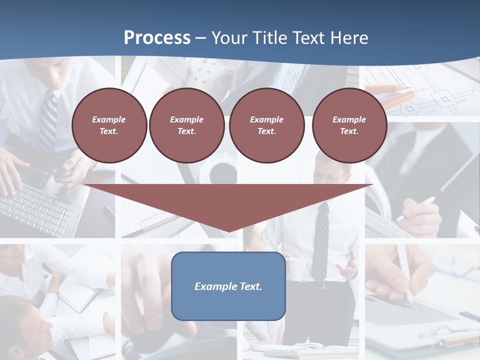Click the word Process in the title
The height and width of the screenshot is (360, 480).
tap(157, 38)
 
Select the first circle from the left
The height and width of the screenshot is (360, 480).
tap(109, 125)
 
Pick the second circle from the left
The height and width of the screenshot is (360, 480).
tap(186, 125)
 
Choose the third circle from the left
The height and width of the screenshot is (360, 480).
tap(266, 125)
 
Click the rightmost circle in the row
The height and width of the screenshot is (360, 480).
tap(349, 125)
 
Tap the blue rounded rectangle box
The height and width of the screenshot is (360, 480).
tap(228, 286)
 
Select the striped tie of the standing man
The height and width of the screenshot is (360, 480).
tap(320, 240)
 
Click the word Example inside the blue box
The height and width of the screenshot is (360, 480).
tap(212, 286)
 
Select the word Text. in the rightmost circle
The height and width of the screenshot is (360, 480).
tap(349, 131)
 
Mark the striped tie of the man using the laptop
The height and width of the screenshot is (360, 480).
tap(48, 120)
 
